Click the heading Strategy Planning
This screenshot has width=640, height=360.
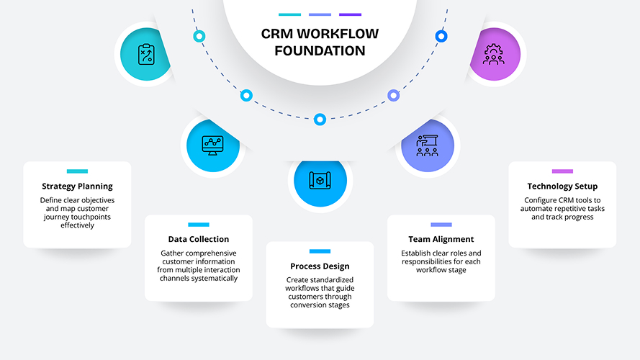[x=77, y=186]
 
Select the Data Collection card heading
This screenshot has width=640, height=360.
[x=199, y=239]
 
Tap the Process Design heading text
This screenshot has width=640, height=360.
[x=320, y=266]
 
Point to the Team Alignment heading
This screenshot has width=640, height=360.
[x=441, y=239]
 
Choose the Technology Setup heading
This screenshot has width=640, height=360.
[x=562, y=186]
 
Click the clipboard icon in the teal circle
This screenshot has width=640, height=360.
[x=146, y=55]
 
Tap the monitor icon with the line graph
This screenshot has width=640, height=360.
[x=212, y=145]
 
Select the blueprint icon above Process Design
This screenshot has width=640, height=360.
[x=320, y=179]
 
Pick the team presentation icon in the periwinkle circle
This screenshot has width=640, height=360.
[x=428, y=145]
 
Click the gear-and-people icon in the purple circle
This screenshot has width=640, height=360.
[x=494, y=55]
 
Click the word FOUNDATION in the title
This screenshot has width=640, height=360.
[x=320, y=51]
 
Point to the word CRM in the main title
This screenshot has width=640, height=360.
[x=276, y=34]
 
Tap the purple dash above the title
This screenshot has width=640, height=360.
[x=350, y=14]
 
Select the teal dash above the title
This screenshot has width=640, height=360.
[x=289, y=14]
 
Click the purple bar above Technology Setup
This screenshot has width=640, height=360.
[x=562, y=171]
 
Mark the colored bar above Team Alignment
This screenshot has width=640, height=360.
[x=441, y=224]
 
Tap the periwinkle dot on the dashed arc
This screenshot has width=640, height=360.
[x=393, y=95]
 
